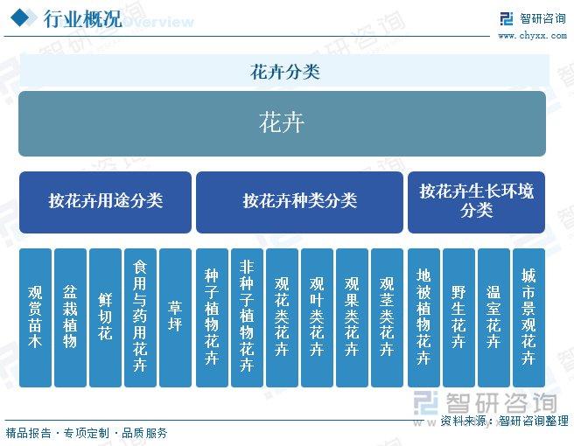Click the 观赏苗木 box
(35, 317)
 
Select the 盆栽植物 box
(70, 317)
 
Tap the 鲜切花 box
(105, 317)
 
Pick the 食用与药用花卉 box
(140, 317)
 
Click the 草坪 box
(175, 317)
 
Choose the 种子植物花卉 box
(212, 317)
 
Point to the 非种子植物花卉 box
(247, 317)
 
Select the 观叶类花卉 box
(317, 317)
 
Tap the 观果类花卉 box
(352, 317)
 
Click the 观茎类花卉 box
(387, 317)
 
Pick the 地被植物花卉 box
(423, 317)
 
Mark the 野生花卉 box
(458, 317)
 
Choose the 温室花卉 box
(493, 317)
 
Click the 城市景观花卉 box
(528, 317)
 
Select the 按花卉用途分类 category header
(105, 202)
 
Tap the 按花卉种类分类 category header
(299, 202)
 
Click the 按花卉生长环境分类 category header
(476, 202)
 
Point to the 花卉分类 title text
(284, 72)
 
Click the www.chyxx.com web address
(532, 36)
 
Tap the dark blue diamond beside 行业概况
(20, 17)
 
